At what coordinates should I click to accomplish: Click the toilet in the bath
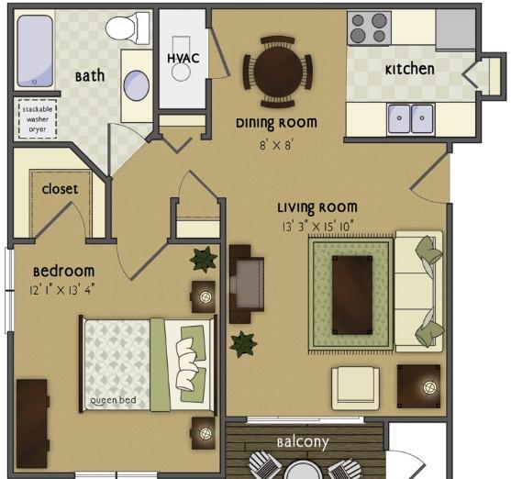tap(128, 28)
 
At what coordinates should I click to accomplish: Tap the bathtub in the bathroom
tap(35, 51)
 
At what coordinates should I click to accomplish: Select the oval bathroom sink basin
tap(136, 85)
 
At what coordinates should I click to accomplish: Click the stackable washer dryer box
tap(38, 118)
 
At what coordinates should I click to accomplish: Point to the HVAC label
tap(183, 59)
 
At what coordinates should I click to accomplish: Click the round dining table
tap(278, 71)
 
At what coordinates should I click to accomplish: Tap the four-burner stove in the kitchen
tap(369, 28)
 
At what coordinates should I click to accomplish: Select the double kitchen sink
tap(411, 118)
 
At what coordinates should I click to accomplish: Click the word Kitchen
tap(410, 70)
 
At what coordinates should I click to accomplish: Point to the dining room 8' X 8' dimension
tap(276, 145)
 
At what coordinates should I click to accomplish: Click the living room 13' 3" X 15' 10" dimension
tap(317, 227)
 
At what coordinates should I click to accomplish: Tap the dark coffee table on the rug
tap(352, 295)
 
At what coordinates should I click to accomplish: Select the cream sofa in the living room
tap(419, 292)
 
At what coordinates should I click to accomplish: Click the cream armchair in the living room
tap(356, 388)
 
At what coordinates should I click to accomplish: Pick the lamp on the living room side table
tap(429, 388)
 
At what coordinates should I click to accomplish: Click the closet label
tap(60, 189)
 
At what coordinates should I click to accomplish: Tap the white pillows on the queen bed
tap(187, 364)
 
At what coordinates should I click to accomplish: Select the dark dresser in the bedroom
tap(32, 424)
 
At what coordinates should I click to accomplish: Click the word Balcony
tap(303, 442)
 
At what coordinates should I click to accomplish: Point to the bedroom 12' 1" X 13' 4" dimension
tap(61, 290)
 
